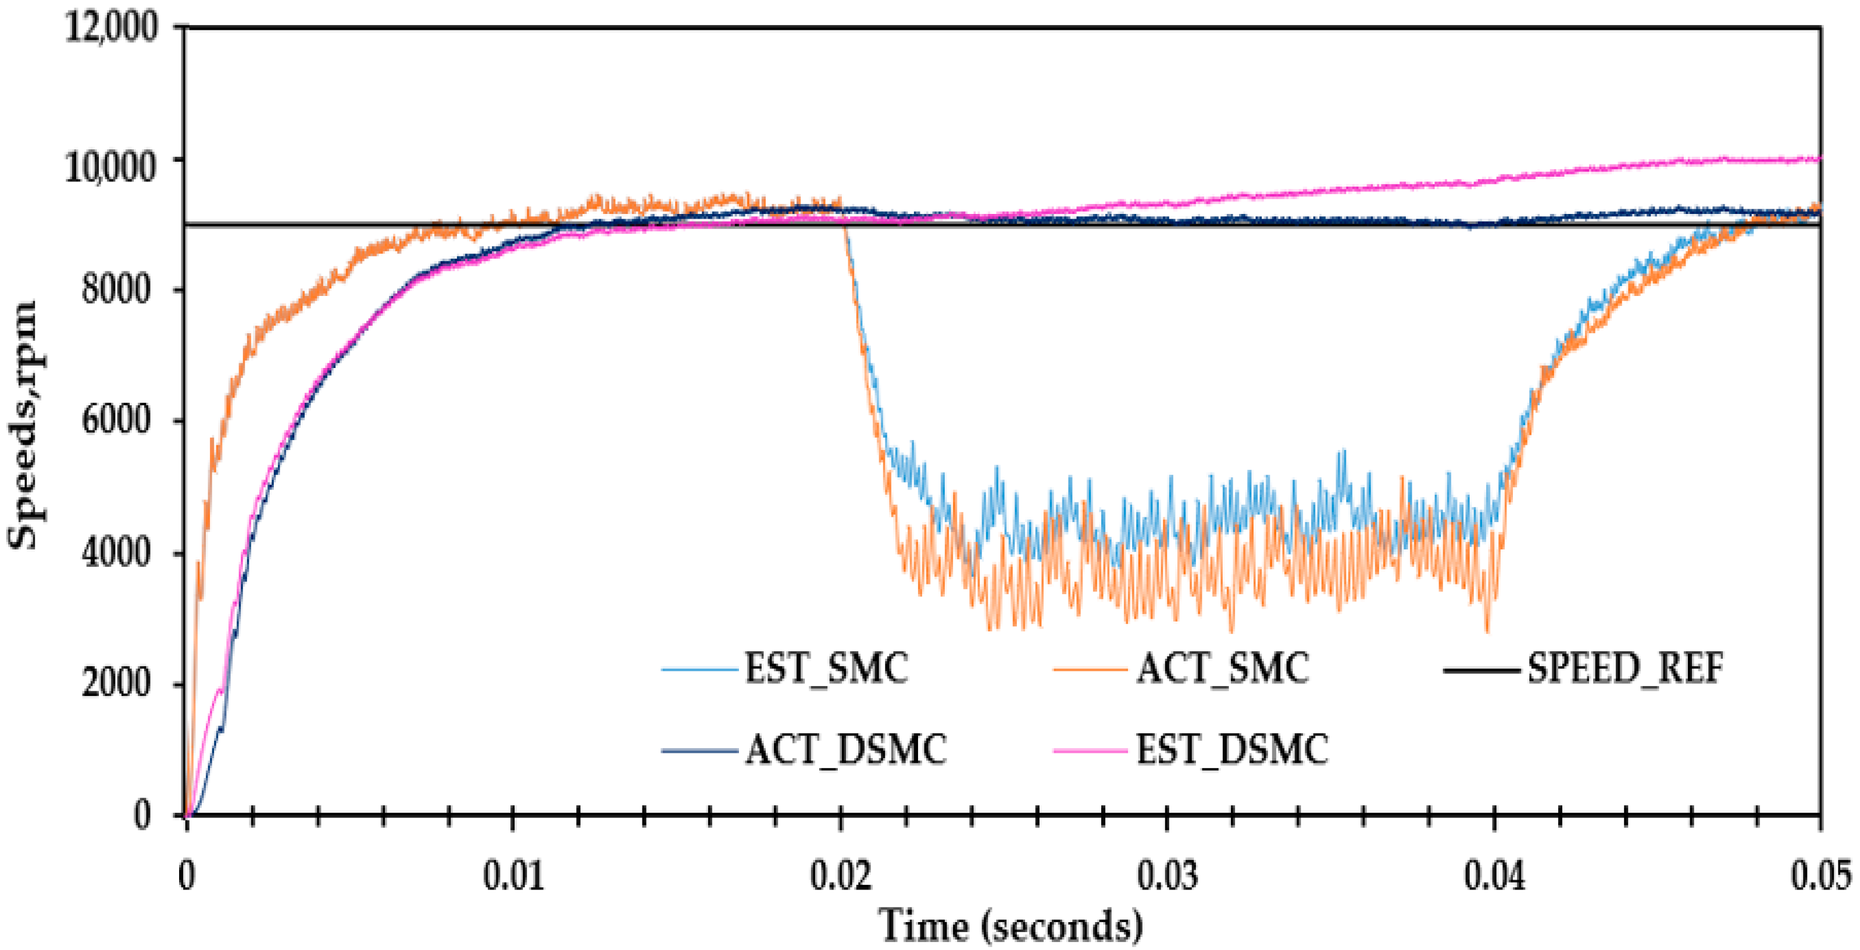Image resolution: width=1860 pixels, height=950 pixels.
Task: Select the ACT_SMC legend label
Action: point(1222,669)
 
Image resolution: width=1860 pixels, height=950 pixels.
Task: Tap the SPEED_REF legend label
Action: point(1625,669)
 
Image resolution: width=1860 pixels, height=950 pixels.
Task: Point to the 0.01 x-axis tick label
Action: point(513,876)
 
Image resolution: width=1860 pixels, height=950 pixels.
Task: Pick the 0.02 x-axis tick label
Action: point(841,876)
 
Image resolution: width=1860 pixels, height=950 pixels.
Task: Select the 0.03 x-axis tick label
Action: point(1168,876)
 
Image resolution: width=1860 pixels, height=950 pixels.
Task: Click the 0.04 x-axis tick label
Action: point(1495,876)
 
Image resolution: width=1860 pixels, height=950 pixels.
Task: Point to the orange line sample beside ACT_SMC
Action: point(1090,670)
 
